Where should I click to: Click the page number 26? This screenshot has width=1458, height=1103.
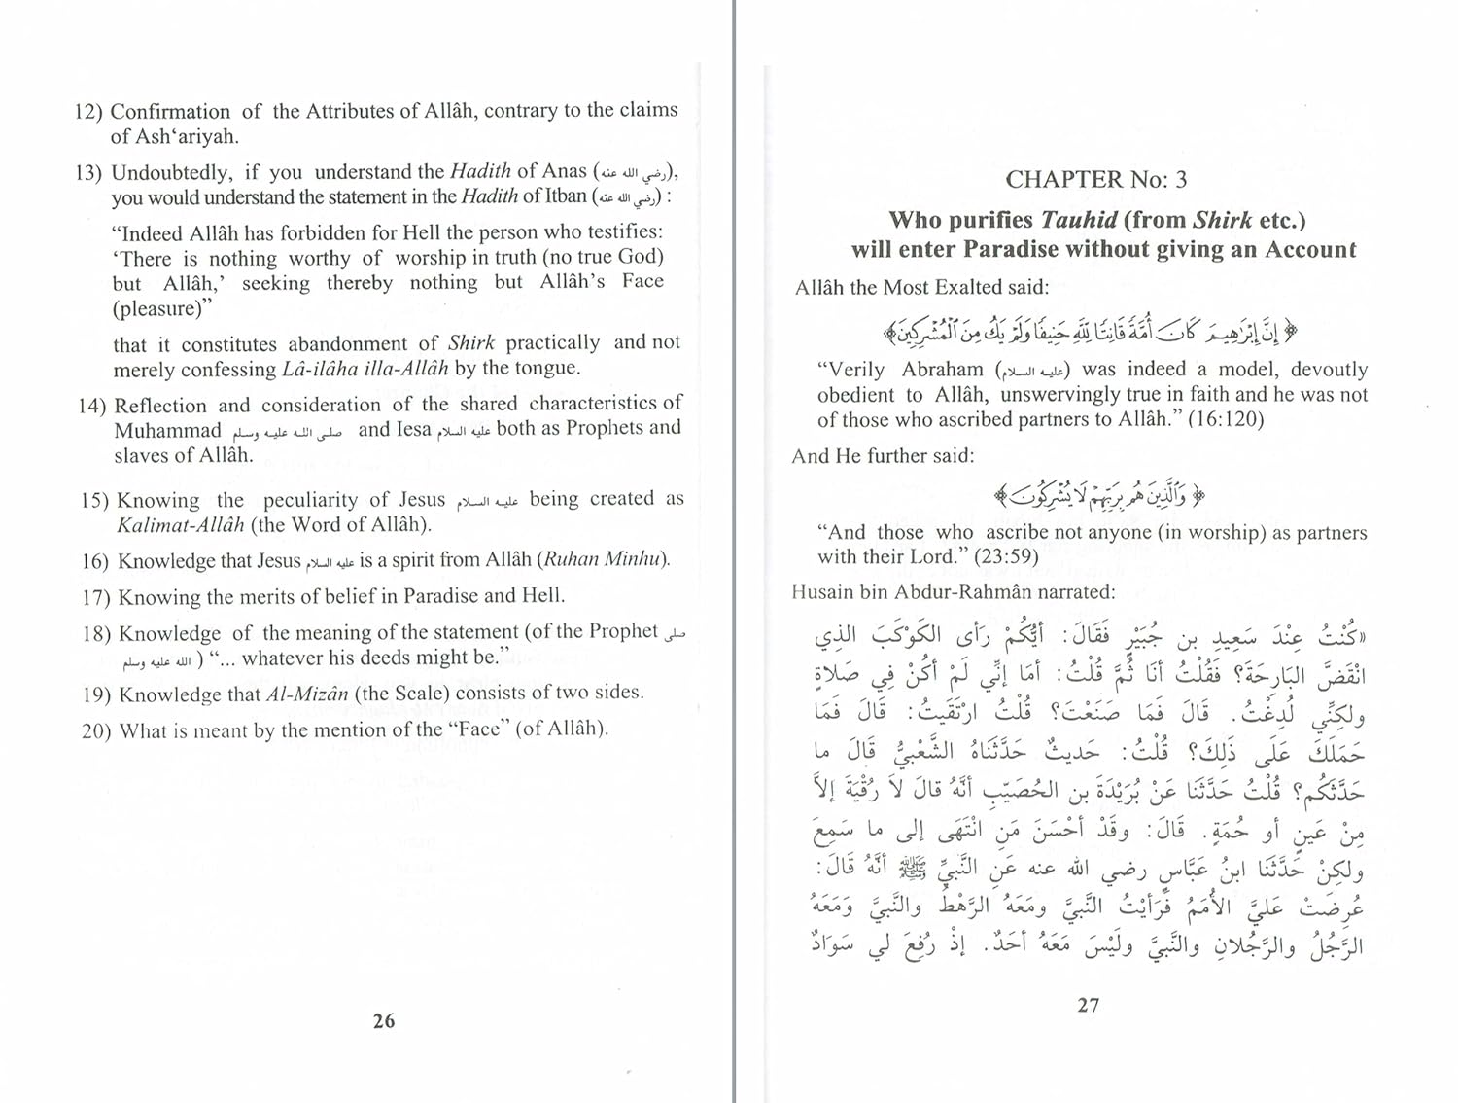point(384,1020)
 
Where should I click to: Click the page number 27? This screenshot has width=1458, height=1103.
point(1088,1005)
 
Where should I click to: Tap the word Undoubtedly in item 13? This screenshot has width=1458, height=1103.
point(170,173)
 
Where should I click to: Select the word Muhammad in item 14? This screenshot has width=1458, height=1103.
point(167,431)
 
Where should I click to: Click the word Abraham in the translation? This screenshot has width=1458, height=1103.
point(942,370)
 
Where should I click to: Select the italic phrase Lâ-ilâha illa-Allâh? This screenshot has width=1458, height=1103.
point(364,369)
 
